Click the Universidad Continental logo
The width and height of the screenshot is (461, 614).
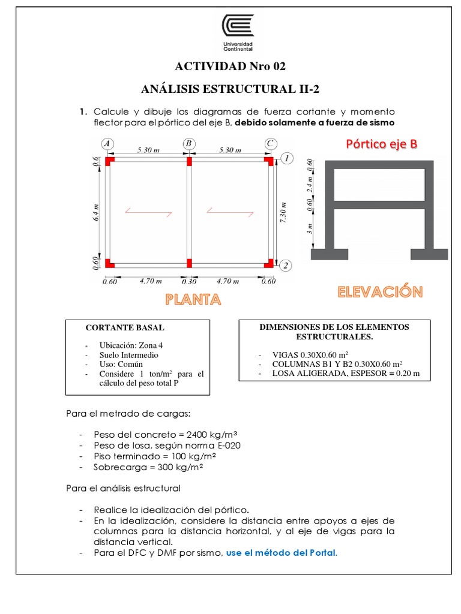[238, 31]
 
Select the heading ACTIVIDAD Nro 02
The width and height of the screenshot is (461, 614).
[231, 65]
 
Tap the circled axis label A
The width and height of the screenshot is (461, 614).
[107, 144]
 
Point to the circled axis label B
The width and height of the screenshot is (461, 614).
[188, 144]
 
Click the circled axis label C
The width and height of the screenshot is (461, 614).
[270, 144]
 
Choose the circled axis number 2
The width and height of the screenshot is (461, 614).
[287, 266]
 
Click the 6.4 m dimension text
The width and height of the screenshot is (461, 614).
[95, 213]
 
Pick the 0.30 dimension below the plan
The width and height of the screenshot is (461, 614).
[188, 280]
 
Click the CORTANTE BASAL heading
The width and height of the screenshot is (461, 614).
[125, 328]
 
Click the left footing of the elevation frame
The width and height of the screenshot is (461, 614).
[330, 254]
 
